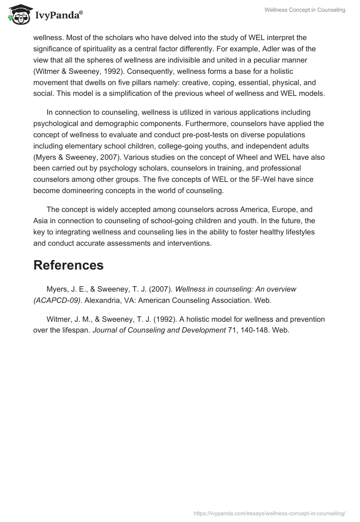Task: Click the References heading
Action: click(x=68, y=265)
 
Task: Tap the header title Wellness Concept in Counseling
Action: click(x=311, y=10)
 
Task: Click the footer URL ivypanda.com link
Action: click(x=269, y=513)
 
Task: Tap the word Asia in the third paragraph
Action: click(x=41, y=221)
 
